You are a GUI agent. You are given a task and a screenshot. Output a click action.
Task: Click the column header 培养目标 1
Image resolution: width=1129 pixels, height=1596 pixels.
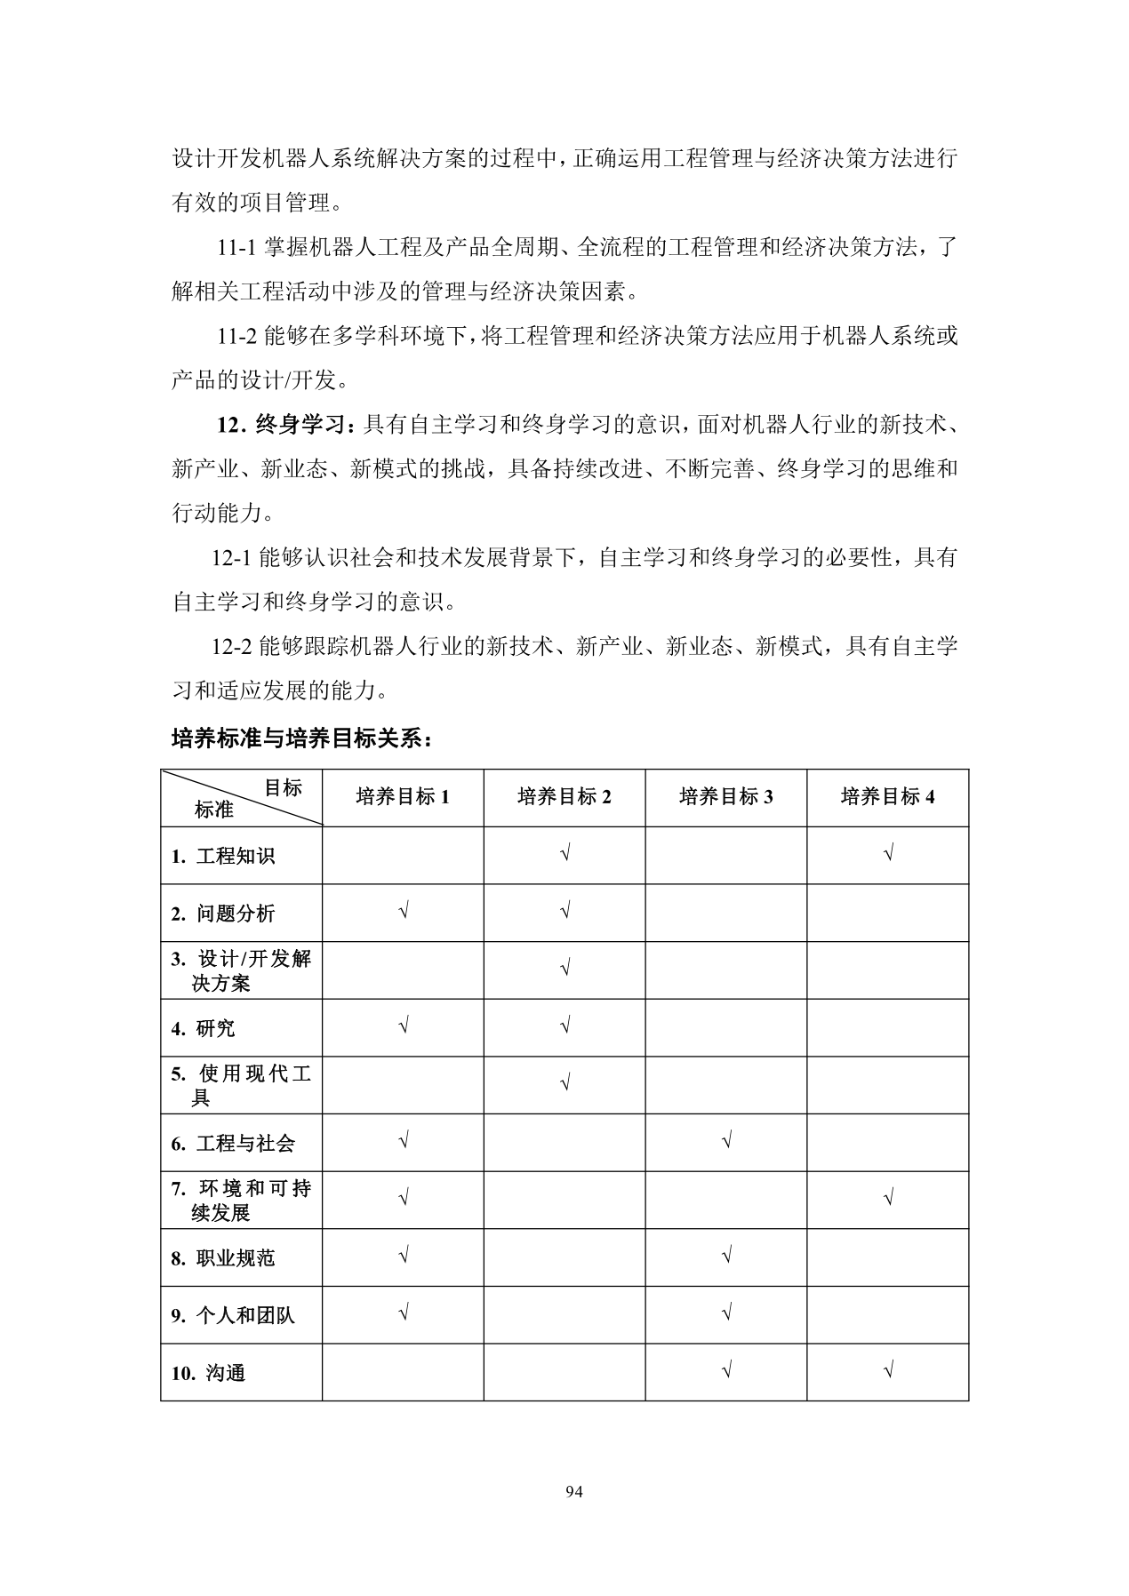click(x=403, y=797)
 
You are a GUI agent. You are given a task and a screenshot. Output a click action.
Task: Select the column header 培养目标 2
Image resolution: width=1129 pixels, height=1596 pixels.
click(x=564, y=797)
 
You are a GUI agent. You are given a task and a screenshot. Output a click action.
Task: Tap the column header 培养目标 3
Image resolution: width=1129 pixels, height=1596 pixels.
click(x=726, y=797)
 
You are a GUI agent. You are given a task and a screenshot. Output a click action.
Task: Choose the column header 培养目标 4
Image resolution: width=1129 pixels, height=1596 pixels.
click(x=888, y=797)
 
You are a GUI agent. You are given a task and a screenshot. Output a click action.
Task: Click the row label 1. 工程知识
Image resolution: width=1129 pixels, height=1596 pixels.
click(x=223, y=856)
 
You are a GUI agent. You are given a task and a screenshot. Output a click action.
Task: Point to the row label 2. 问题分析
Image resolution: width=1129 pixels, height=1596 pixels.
click(x=223, y=914)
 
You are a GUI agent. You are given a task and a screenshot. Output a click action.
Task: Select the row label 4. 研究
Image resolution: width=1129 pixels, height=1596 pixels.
click(x=204, y=1028)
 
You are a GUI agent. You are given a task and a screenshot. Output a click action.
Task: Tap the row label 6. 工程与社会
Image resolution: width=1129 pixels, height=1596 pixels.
click(x=233, y=1144)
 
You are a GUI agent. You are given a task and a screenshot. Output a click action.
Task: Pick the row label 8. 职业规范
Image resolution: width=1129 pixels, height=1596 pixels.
click(x=223, y=1258)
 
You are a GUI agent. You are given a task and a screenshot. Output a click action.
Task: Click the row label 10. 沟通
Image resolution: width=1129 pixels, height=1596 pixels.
click(x=208, y=1373)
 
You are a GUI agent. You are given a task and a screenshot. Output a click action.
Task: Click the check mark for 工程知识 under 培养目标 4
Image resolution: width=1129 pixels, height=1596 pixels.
click(x=888, y=854)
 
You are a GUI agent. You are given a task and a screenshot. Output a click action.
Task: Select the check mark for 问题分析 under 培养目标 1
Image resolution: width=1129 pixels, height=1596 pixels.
click(x=404, y=912)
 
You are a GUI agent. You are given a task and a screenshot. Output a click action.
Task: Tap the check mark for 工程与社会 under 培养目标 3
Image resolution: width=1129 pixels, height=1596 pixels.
click(x=726, y=1141)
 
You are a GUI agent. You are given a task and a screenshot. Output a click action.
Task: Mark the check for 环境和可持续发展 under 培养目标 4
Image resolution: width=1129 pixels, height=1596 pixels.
click(x=888, y=1199)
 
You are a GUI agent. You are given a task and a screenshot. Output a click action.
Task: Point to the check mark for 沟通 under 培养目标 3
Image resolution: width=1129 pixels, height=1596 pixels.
click(x=726, y=1371)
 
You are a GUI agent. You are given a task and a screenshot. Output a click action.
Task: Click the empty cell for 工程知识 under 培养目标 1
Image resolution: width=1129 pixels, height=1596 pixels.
click(x=403, y=855)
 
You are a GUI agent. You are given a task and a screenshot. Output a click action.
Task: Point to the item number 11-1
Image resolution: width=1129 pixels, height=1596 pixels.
click(x=237, y=248)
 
